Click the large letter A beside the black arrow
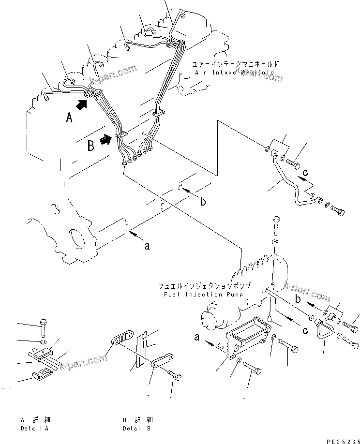tap(69, 117)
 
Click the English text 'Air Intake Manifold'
tap(235, 72)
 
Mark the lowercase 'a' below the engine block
tap(147, 246)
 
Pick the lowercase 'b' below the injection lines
tap(203, 202)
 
